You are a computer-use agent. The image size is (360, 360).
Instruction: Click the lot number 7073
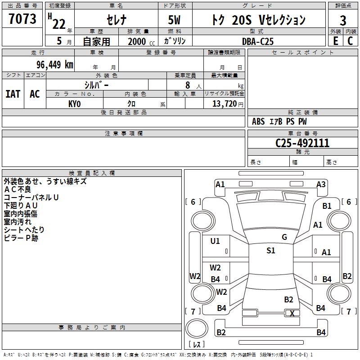pyautogui.click(x=22, y=18)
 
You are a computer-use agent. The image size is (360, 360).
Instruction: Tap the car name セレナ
pyautogui.click(x=117, y=20)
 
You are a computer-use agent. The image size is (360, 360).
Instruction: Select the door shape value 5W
pyautogui.click(x=174, y=20)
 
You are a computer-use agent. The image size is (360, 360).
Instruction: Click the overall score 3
pyautogui.click(x=343, y=21)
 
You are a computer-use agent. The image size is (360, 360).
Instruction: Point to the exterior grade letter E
pyautogui.click(x=335, y=41)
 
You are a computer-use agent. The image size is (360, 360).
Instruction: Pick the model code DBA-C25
pyautogui.click(x=258, y=41)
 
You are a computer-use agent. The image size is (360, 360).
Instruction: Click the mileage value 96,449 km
pyautogui.click(x=55, y=65)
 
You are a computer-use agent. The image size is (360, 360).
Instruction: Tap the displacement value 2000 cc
pyautogui.click(x=141, y=41)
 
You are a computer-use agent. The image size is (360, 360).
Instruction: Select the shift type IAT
pyautogui.click(x=13, y=94)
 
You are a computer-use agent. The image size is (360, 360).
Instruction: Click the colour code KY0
pyautogui.click(x=75, y=104)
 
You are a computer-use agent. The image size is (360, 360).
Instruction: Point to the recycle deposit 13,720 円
pyautogui.click(x=228, y=104)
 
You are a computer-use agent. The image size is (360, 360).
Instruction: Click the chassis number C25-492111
pyautogui.click(x=302, y=143)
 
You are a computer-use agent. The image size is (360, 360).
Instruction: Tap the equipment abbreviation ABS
pyautogui.click(x=258, y=121)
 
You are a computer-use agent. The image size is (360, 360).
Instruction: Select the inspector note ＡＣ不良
pyautogui.click(x=18, y=189)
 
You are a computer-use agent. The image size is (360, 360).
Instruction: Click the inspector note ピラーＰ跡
pyautogui.click(x=21, y=238)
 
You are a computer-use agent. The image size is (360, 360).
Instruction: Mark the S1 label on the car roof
pyautogui.click(x=271, y=250)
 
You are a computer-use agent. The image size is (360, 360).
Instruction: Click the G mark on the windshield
pyautogui.click(x=284, y=237)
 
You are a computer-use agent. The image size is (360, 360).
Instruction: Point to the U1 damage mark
pyautogui.click(x=215, y=241)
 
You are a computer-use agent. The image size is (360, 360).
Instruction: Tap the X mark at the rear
pyautogui.click(x=292, y=313)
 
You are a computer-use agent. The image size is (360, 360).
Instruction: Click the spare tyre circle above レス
pyautogui.click(x=197, y=328)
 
